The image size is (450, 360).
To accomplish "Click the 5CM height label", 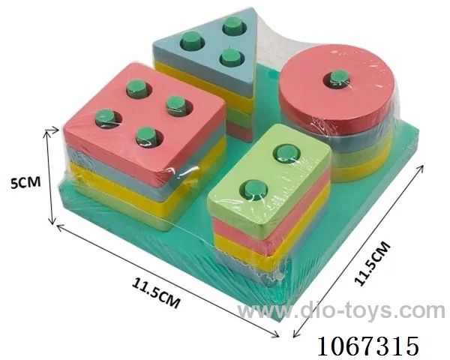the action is (25, 182).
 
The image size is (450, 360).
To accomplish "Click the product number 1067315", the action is (368, 346).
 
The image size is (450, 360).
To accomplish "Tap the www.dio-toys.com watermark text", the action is (341, 311).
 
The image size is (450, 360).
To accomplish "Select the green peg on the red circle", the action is (340, 78).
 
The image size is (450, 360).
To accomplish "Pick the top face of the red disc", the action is (336, 86).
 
